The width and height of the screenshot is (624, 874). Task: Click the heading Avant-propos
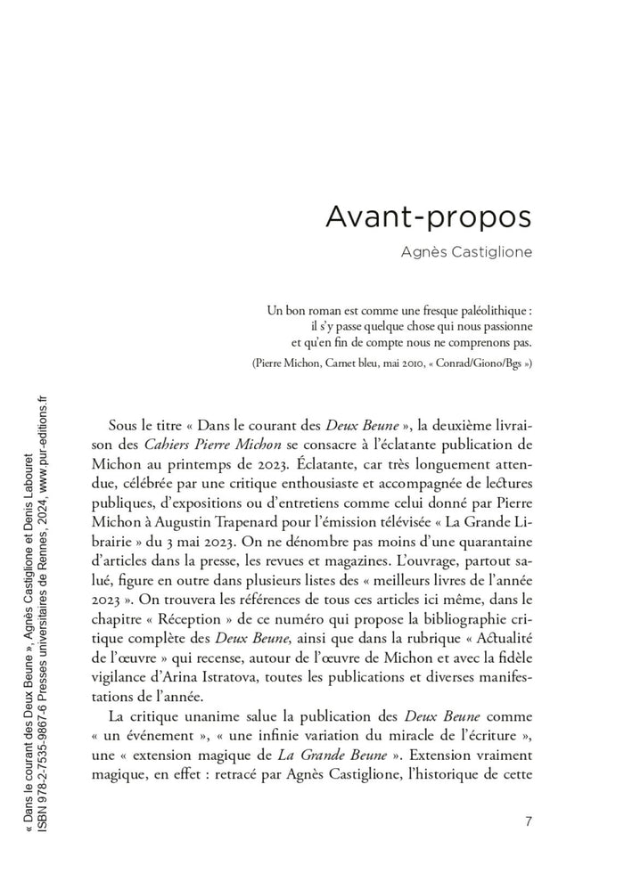428,217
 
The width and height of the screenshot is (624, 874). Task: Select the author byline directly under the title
465,252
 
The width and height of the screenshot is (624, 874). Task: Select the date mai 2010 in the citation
406,363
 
